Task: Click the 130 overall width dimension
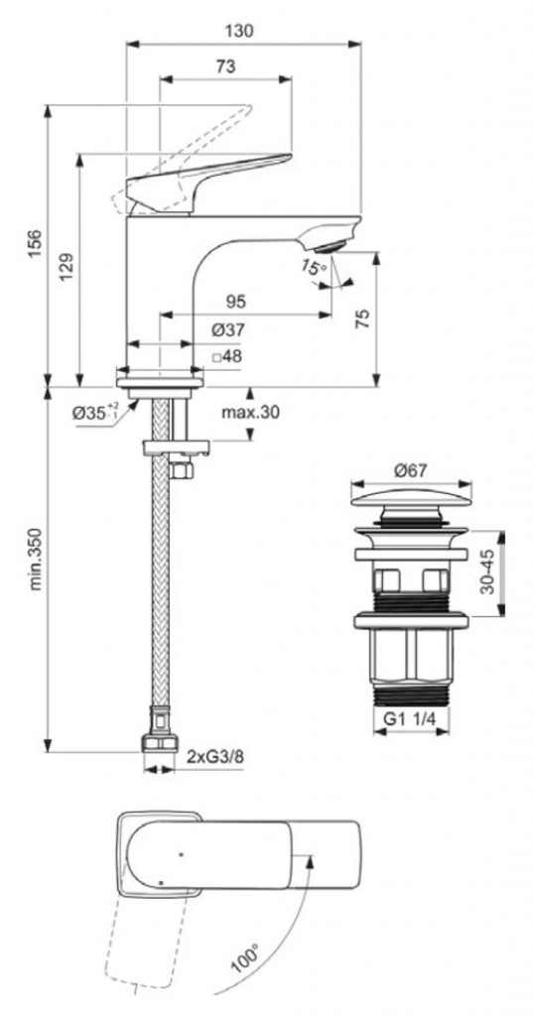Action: tap(243, 30)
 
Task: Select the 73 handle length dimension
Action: tap(225, 65)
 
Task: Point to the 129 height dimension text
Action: tap(67, 266)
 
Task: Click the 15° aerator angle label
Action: tap(314, 267)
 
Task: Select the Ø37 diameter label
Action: tap(226, 329)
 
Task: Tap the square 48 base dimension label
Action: tap(226, 356)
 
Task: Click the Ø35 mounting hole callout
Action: tap(94, 413)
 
